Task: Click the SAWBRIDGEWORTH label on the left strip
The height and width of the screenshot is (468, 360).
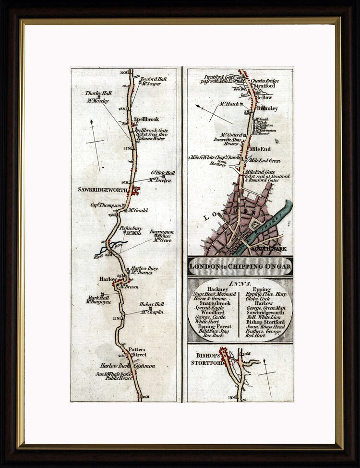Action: click(x=102, y=190)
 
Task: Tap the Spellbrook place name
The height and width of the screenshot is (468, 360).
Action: click(x=146, y=119)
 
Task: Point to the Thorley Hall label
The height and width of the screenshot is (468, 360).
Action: click(x=98, y=93)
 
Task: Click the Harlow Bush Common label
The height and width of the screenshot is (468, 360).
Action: click(x=127, y=366)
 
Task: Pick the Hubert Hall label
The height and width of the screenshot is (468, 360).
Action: click(x=152, y=304)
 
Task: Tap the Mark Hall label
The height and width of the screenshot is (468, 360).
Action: click(x=98, y=297)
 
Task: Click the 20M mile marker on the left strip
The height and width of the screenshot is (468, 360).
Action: click(x=146, y=396)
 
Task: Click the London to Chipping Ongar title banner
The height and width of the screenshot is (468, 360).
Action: click(x=240, y=266)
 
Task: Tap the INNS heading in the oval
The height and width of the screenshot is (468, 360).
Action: click(x=240, y=284)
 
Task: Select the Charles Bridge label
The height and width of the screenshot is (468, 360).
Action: click(x=264, y=81)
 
